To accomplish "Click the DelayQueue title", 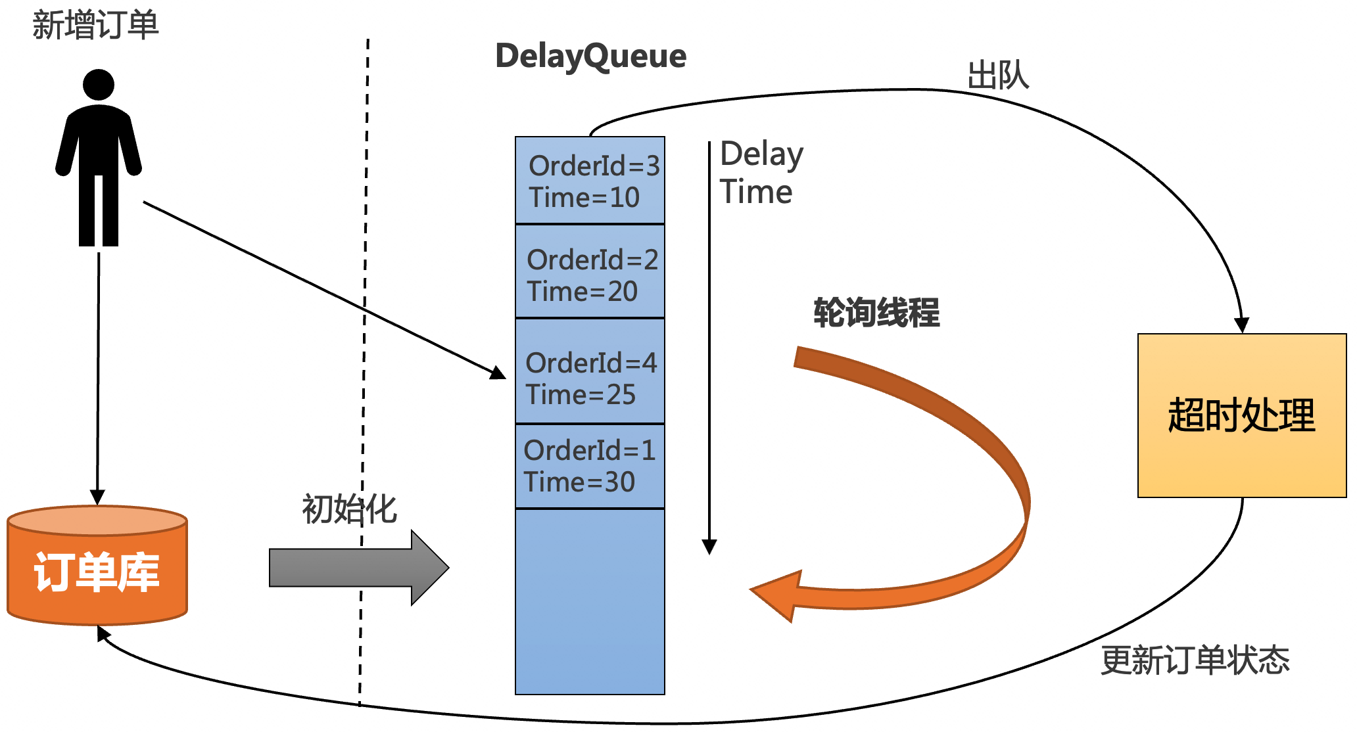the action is coord(590,57).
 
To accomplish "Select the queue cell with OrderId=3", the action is coord(590,180).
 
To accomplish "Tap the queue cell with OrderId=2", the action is coord(590,271).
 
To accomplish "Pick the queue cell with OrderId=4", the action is coord(590,371).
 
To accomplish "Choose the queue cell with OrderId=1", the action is coord(590,467).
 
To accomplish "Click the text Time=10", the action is coord(584,197).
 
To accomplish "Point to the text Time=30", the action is coord(579,482).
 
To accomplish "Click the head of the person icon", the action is coord(99,85).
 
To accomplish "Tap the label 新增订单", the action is coord(95,25).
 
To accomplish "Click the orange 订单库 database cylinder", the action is coord(97,565).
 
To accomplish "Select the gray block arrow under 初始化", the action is coord(359,568).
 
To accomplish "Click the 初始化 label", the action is coord(350,509).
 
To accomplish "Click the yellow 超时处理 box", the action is coord(1242,415).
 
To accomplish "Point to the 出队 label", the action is coord(998,75).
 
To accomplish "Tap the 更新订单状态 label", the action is coord(1195,660).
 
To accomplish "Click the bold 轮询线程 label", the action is coord(876,312).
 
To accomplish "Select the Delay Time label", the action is coord(761,173).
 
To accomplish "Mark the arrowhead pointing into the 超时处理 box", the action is coord(1241,325).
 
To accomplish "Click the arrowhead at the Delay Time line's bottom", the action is coord(709,547).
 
